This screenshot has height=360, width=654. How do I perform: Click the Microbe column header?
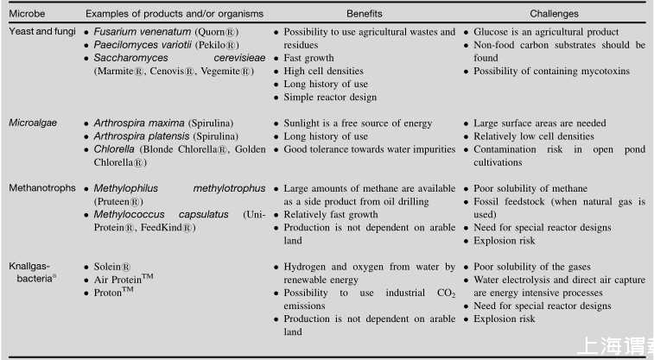[27, 14]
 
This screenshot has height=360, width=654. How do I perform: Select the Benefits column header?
[364, 14]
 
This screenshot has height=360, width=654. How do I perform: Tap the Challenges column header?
[554, 14]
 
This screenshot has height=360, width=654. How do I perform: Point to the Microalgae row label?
[33, 123]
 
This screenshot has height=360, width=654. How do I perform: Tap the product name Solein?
[112, 267]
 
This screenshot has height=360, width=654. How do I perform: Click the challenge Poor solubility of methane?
[530, 188]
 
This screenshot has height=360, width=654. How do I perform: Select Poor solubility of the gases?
[530, 267]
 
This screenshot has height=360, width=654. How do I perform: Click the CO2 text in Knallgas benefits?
[446, 294]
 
